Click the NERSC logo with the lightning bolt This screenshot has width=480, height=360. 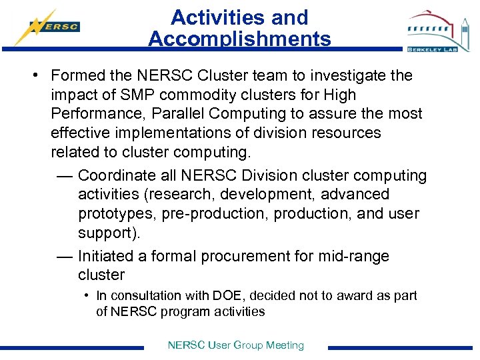pos(48,27)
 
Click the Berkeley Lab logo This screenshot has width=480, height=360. pos(437,31)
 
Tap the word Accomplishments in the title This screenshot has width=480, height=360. pos(239,39)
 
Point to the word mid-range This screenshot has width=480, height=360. pos(357,257)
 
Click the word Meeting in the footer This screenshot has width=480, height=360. pos(285,345)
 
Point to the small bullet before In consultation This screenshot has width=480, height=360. pos(87,295)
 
